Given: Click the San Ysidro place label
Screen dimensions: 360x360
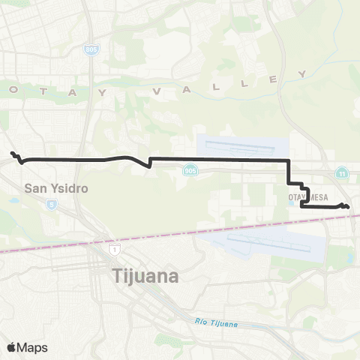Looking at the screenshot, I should (56, 188).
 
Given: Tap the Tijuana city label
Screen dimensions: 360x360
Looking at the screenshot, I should (146, 276).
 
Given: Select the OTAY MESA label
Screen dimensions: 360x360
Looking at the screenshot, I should (304, 196).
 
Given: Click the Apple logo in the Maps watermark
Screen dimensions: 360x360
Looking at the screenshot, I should (11, 347).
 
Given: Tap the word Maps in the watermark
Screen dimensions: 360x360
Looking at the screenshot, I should (32, 347).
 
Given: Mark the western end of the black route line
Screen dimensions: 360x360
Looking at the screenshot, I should (11, 154).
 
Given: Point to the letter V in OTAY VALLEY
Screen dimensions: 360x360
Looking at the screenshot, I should (157, 91).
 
